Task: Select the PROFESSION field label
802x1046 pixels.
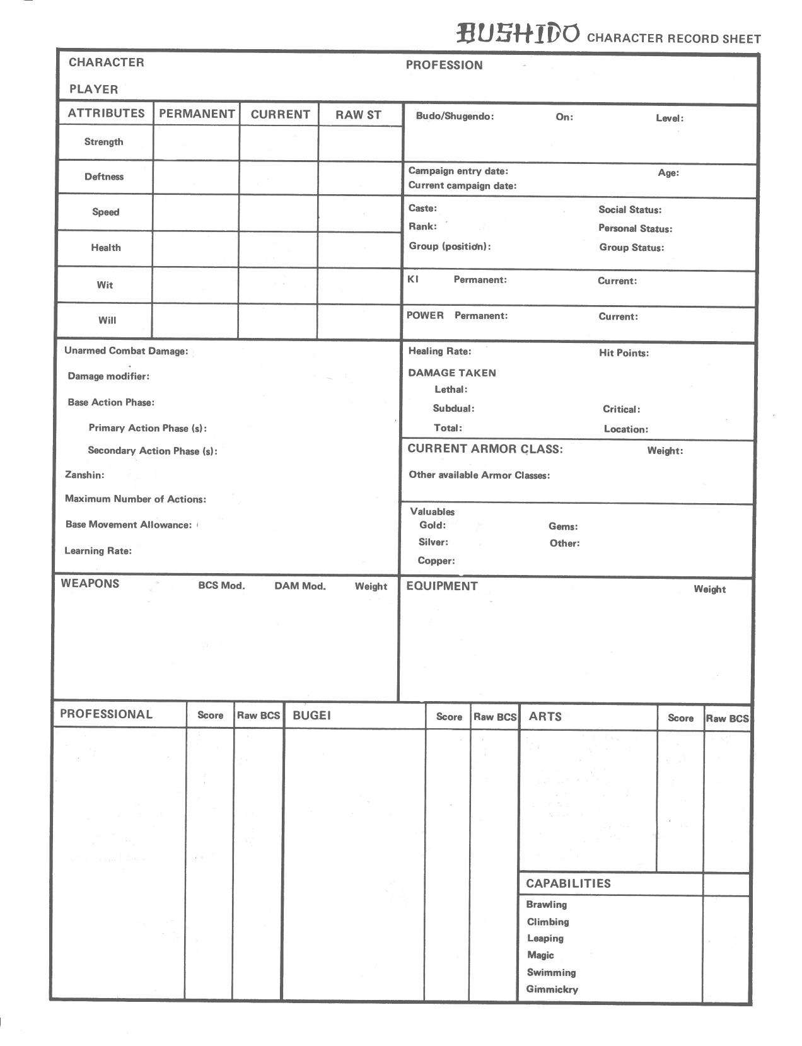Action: (444, 65)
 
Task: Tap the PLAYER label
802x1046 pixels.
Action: (93, 89)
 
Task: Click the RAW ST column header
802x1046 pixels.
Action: (358, 115)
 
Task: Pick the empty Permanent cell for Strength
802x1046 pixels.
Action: (196, 142)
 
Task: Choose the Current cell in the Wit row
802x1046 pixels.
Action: (278, 285)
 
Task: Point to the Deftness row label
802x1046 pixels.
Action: (104, 177)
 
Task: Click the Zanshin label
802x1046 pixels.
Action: (84, 475)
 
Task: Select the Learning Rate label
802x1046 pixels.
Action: (98, 550)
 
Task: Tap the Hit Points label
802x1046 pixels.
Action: (624, 353)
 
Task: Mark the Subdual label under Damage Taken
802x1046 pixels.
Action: (453, 408)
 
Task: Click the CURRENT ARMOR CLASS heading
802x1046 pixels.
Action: (485, 449)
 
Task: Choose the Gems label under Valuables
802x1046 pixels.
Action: (563, 526)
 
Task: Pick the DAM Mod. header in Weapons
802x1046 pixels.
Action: (300, 586)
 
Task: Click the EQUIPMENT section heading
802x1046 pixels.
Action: (442, 586)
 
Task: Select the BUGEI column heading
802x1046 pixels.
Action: (311, 715)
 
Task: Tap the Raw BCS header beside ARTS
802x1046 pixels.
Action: (727, 718)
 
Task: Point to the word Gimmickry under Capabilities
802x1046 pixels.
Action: (552, 989)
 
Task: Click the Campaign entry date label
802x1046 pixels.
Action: (458, 171)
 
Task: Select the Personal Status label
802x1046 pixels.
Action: (635, 228)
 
